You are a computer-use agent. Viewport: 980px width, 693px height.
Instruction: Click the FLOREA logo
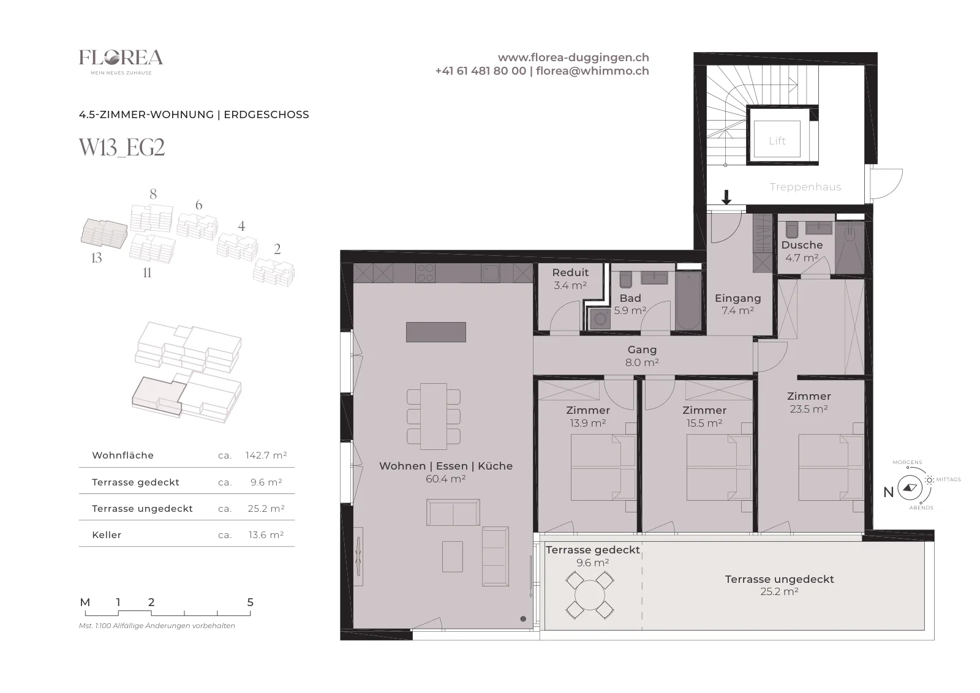tap(121, 62)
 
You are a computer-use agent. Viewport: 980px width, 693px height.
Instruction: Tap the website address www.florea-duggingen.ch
tap(573, 58)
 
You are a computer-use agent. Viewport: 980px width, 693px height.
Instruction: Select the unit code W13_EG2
tap(122, 148)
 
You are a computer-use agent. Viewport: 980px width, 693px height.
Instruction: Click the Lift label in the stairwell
tap(777, 141)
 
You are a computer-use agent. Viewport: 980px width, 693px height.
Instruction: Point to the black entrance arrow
tap(726, 197)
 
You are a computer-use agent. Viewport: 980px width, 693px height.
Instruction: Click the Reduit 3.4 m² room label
tap(570, 279)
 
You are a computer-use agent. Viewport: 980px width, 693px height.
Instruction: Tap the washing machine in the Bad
tap(600, 319)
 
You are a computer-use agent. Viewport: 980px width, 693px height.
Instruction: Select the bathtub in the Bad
tap(688, 301)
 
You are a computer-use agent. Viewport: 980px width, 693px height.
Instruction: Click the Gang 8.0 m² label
tap(642, 356)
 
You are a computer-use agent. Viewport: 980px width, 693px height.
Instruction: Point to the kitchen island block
tap(435, 332)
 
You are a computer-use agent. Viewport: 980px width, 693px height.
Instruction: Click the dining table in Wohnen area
tap(434, 416)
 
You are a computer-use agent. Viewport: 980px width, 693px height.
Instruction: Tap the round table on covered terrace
tap(590, 595)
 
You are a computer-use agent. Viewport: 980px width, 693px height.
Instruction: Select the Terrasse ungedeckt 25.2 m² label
tap(779, 585)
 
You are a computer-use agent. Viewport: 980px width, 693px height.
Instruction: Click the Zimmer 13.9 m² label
tap(587, 416)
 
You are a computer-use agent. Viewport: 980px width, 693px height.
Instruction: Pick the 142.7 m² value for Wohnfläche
tap(266, 455)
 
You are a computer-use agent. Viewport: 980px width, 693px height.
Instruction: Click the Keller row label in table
tap(107, 534)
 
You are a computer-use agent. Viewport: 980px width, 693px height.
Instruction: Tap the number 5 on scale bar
tap(251, 602)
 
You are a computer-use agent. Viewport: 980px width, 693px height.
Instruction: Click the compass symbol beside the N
tap(910, 487)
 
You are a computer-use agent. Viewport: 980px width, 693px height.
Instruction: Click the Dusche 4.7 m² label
tap(802, 251)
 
